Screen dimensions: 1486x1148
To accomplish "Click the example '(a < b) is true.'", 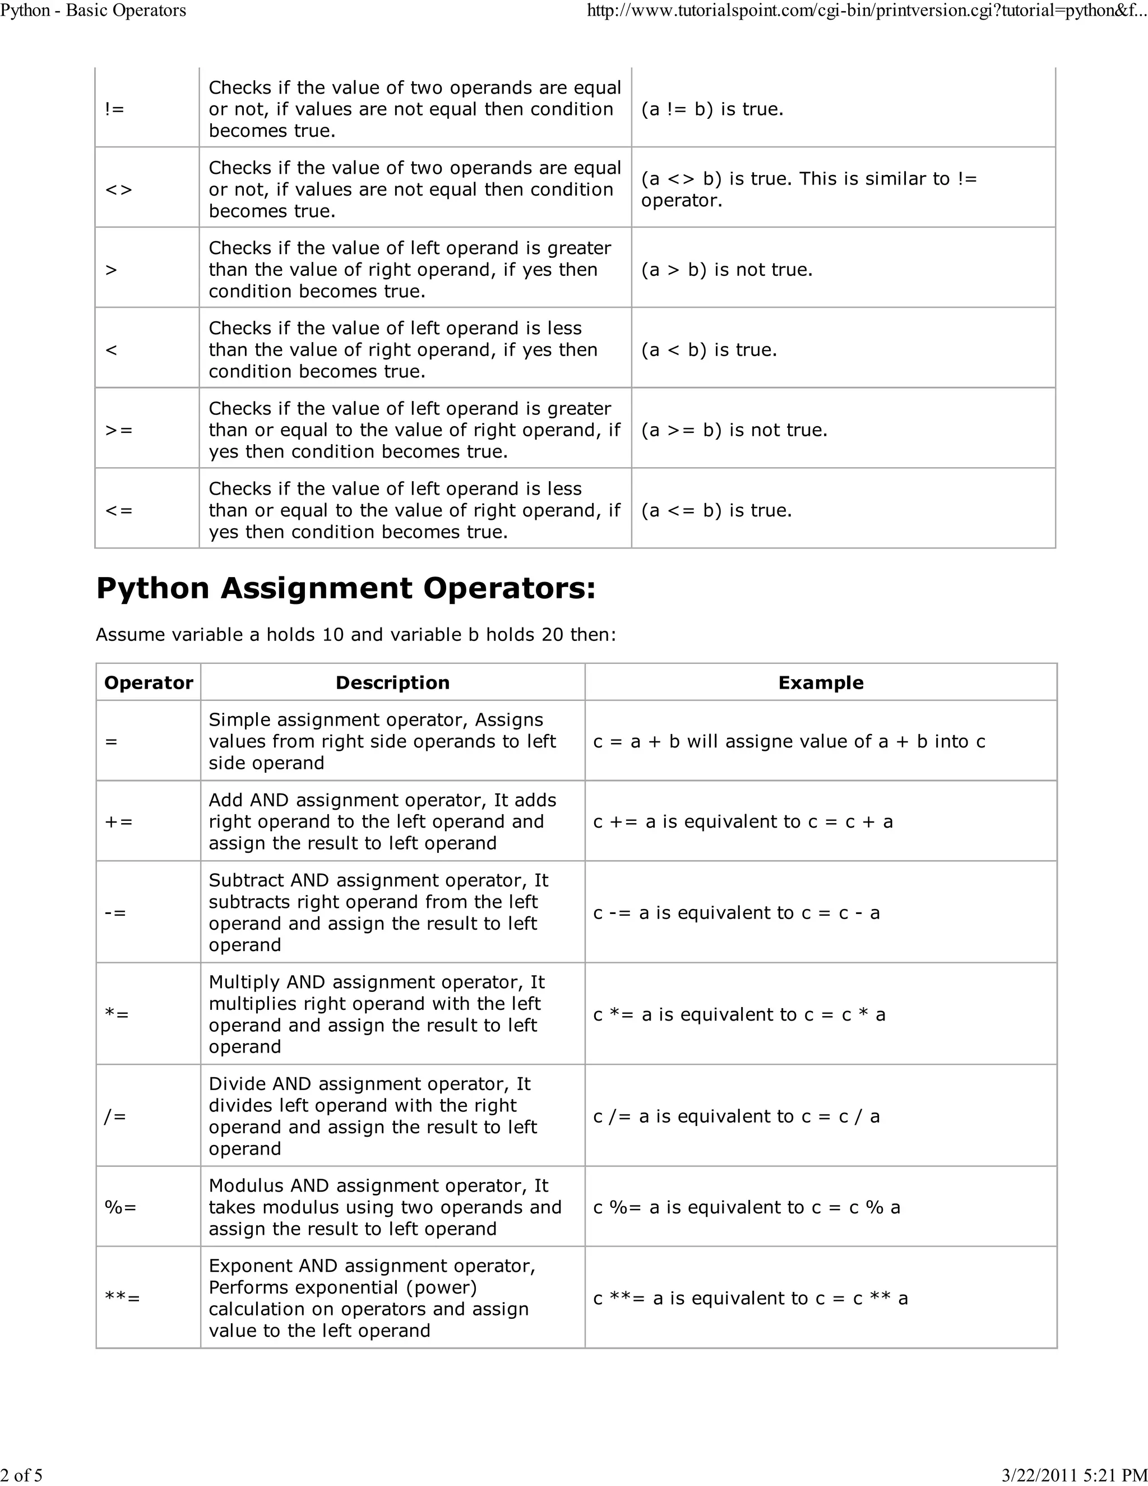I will click(x=709, y=350).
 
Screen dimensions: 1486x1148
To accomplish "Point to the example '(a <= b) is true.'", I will click(x=716, y=510).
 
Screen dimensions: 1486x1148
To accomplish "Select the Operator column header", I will click(x=148, y=682).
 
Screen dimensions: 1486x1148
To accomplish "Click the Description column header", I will click(x=392, y=682).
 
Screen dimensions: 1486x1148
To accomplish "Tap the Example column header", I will click(x=820, y=682).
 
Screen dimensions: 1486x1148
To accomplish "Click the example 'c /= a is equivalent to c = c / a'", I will click(x=736, y=1116).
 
